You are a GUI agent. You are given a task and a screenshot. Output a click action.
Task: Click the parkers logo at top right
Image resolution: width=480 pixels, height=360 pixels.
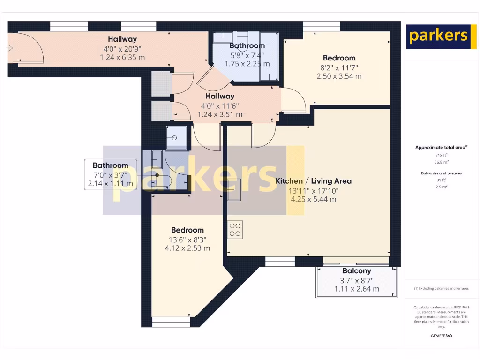(x=438, y=37)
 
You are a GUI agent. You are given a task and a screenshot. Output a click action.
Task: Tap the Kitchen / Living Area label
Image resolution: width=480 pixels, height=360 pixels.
(x=313, y=181)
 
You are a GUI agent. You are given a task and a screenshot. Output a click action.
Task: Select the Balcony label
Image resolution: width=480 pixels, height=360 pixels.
(x=357, y=271)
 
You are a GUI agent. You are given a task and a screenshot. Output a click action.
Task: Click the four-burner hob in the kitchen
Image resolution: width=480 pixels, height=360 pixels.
(x=235, y=230)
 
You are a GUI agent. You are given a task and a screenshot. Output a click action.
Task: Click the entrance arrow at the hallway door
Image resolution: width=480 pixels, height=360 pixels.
(x=10, y=47)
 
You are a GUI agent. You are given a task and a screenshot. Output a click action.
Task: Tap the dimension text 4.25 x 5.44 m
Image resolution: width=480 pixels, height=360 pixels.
(x=313, y=199)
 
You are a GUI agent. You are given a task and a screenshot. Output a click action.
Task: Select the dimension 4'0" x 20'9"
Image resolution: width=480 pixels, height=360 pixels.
(x=122, y=48)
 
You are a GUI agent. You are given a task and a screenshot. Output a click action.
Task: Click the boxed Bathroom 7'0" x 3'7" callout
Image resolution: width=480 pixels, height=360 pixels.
(x=110, y=174)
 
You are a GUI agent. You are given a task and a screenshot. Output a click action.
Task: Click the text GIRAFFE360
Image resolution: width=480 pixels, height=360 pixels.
(x=441, y=336)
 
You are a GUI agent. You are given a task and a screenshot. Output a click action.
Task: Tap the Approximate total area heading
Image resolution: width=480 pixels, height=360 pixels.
(x=441, y=147)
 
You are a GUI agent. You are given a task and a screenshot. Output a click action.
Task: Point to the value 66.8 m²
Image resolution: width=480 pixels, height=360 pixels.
(x=441, y=162)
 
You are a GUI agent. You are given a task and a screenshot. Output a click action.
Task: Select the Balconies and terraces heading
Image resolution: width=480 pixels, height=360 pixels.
(x=441, y=173)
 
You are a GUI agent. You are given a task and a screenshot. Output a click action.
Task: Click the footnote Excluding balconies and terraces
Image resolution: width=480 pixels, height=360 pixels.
(x=441, y=288)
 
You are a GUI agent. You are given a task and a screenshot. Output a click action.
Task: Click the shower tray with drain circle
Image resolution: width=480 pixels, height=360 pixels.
(x=175, y=138)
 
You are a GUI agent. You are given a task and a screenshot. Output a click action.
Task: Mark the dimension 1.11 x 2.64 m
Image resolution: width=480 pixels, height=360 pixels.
(x=357, y=289)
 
